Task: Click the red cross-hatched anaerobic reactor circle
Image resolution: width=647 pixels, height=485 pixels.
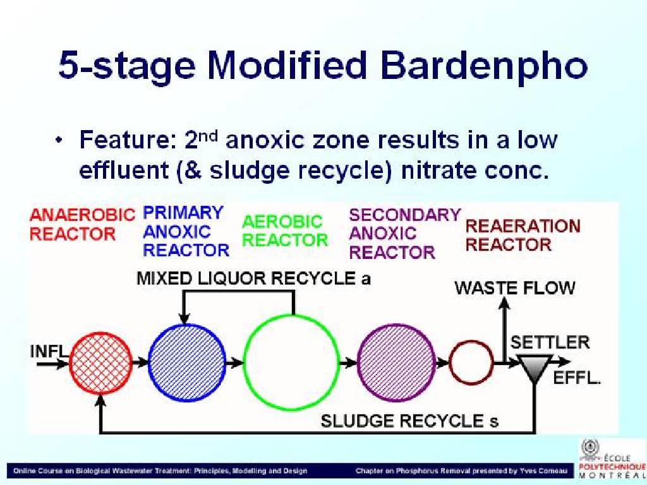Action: (100, 363)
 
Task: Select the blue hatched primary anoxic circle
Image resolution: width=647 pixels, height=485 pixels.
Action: (186, 363)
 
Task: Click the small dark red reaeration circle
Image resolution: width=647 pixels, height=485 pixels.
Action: (471, 362)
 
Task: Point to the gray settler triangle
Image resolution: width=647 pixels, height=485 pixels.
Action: (535, 366)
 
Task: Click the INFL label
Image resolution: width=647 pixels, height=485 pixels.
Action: (49, 351)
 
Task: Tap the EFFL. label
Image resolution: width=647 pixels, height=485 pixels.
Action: (576, 378)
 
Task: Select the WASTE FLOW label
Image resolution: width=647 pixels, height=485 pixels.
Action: (515, 288)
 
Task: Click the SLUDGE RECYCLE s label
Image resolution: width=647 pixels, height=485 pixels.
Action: (409, 421)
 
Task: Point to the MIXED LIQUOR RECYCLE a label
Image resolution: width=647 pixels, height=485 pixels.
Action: (253, 278)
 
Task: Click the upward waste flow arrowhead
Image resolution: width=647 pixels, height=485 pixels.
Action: (504, 302)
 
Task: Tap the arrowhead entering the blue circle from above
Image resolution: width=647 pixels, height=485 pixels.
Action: (184, 318)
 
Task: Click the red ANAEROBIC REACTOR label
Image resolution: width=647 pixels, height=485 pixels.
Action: (82, 224)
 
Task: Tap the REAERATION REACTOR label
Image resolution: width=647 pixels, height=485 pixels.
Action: (523, 236)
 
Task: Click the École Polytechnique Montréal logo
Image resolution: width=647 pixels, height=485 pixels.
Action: (612, 458)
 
